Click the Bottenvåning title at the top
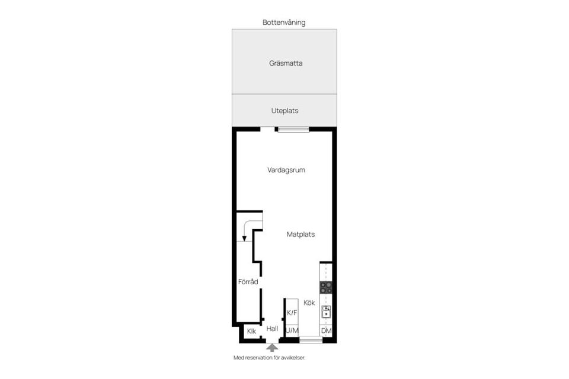(284, 23)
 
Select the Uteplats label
(284, 111)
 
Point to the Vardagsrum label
(286, 170)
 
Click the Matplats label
(301, 235)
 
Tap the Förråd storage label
(248, 282)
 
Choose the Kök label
(309, 303)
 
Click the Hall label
(272, 329)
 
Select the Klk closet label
(251, 331)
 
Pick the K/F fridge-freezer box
(292, 313)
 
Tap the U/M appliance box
(292, 330)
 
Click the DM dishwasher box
(326, 330)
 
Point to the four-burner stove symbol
(326, 288)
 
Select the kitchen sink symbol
(326, 311)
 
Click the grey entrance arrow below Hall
(272, 348)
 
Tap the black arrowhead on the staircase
(244, 237)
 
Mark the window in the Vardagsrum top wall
(293, 129)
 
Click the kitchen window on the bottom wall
(311, 340)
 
